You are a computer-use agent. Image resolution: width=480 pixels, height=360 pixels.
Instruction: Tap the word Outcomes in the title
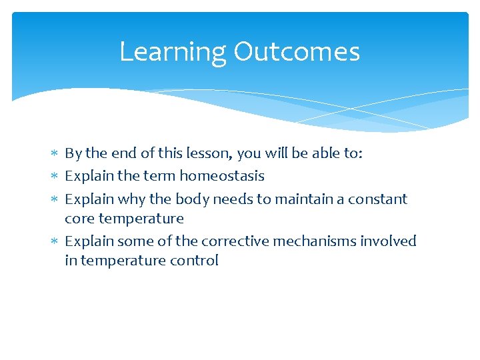tap(296, 52)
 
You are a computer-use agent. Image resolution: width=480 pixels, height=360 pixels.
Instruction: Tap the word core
tap(79, 219)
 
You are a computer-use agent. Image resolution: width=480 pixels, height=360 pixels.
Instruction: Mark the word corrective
tap(235, 241)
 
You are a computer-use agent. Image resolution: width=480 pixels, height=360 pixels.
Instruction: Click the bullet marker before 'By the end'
tap(55, 154)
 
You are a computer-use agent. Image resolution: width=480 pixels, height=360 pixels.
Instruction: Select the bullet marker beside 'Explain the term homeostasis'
tap(55, 177)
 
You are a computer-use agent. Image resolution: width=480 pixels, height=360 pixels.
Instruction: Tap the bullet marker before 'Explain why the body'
tap(55, 199)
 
